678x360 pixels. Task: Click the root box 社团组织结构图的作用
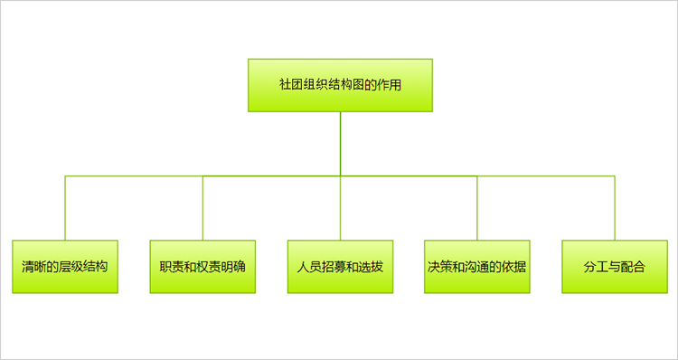pyautogui.click(x=340, y=85)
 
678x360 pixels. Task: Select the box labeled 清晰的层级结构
pyautogui.click(x=65, y=267)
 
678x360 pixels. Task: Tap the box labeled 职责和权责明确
pyautogui.click(x=202, y=267)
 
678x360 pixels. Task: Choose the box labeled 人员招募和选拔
pyautogui.click(x=340, y=267)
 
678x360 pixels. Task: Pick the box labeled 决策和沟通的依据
pyautogui.click(x=477, y=267)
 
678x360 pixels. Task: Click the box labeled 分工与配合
pyautogui.click(x=615, y=267)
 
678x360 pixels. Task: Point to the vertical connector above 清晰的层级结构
pyautogui.click(x=65, y=208)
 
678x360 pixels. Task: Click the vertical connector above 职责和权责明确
pyautogui.click(x=202, y=208)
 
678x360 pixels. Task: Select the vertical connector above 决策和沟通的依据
pyautogui.click(x=477, y=208)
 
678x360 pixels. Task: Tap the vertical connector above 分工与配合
pyautogui.click(x=615, y=208)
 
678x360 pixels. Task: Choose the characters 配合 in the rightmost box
pyautogui.click(x=633, y=267)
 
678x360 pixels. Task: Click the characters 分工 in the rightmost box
pyautogui.click(x=597, y=267)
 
